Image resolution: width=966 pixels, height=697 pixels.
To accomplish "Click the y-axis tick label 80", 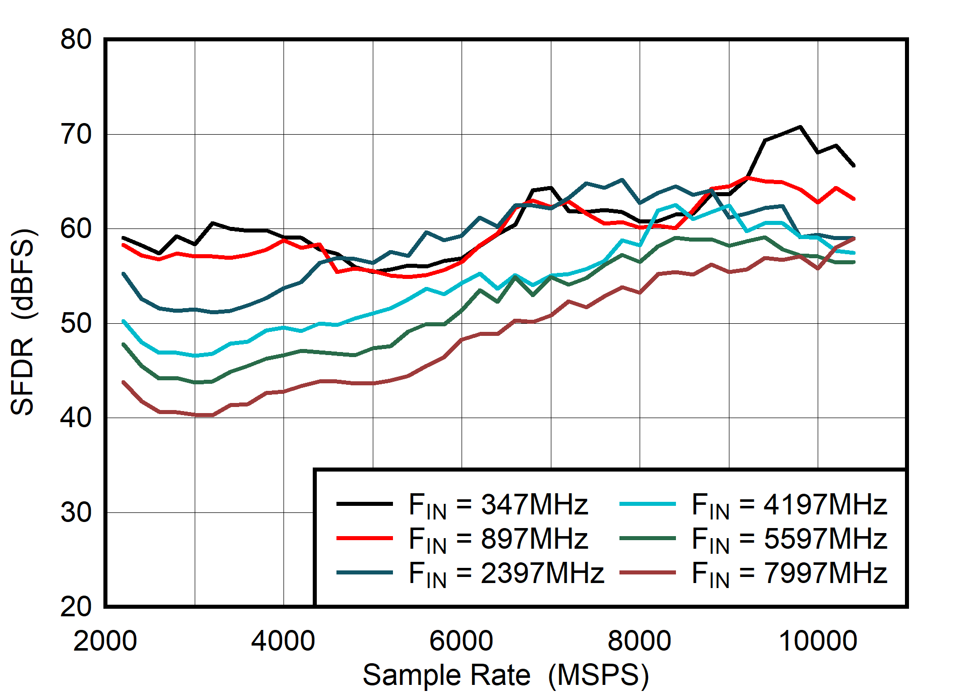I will [x=76, y=39].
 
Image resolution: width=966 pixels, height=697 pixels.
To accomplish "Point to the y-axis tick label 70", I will [x=76, y=134].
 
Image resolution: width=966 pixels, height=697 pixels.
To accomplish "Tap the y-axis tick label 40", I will [x=76, y=418].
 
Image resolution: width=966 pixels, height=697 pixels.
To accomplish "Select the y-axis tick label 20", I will [x=76, y=607].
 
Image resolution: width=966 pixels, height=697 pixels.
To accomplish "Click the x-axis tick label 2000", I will [x=105, y=641].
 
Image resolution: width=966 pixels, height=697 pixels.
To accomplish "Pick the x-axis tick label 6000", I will [x=461, y=641].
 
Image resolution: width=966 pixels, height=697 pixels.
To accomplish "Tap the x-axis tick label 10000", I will [x=818, y=641].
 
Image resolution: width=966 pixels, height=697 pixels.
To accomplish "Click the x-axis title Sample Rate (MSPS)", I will [x=505, y=675].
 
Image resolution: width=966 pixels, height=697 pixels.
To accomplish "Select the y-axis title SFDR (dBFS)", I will [x=22, y=323].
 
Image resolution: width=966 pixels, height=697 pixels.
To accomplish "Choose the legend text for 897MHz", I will [x=498, y=539].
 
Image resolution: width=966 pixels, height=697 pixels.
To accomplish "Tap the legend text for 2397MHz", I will [x=506, y=573].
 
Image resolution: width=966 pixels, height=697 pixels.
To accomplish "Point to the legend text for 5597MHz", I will [x=789, y=539].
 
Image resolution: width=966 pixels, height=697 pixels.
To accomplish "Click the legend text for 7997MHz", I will [x=789, y=573].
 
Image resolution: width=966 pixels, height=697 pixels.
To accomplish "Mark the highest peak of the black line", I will [x=800, y=127].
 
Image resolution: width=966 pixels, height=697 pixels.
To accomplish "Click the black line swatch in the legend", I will [x=364, y=503].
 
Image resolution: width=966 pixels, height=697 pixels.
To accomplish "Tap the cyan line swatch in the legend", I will [x=647, y=503].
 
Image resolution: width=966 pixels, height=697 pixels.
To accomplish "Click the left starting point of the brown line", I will [x=124, y=382].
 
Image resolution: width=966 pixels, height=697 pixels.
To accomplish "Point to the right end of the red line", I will [x=854, y=199].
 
